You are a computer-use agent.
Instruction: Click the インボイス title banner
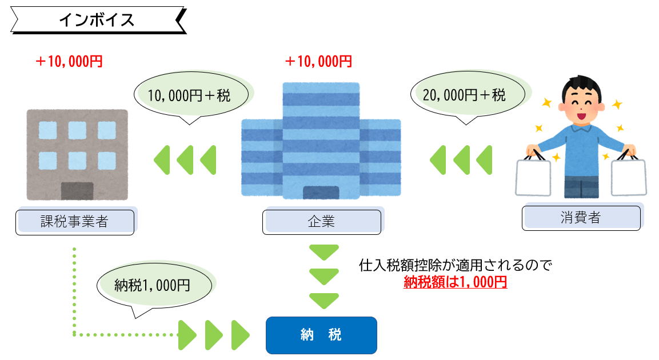pyautogui.click(x=97, y=21)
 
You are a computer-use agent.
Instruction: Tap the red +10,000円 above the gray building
pyautogui.click(x=69, y=62)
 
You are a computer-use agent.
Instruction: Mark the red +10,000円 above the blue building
pyautogui.click(x=318, y=62)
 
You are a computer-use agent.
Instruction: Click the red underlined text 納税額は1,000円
pyautogui.click(x=455, y=282)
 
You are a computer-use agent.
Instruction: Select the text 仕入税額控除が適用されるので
pyautogui.click(x=455, y=266)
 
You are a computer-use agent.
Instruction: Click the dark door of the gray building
pyautogui.click(x=77, y=191)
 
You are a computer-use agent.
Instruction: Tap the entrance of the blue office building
pyautogui.click(x=321, y=193)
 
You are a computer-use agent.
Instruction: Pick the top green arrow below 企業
pyautogui.click(x=324, y=253)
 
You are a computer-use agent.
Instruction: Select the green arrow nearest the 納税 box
pyautogui.click(x=240, y=335)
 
